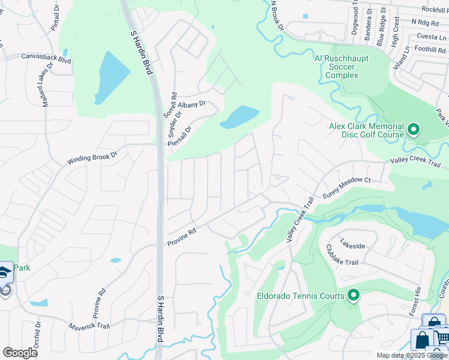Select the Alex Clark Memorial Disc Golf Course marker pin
point(413,129)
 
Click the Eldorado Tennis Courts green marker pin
point(354,295)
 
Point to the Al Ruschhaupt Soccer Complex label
point(342,67)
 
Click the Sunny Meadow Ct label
point(347,187)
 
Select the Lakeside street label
point(352,244)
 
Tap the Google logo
point(20,353)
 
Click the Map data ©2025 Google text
point(412,355)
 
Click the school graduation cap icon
point(5,271)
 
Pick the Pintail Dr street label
point(58,19)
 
